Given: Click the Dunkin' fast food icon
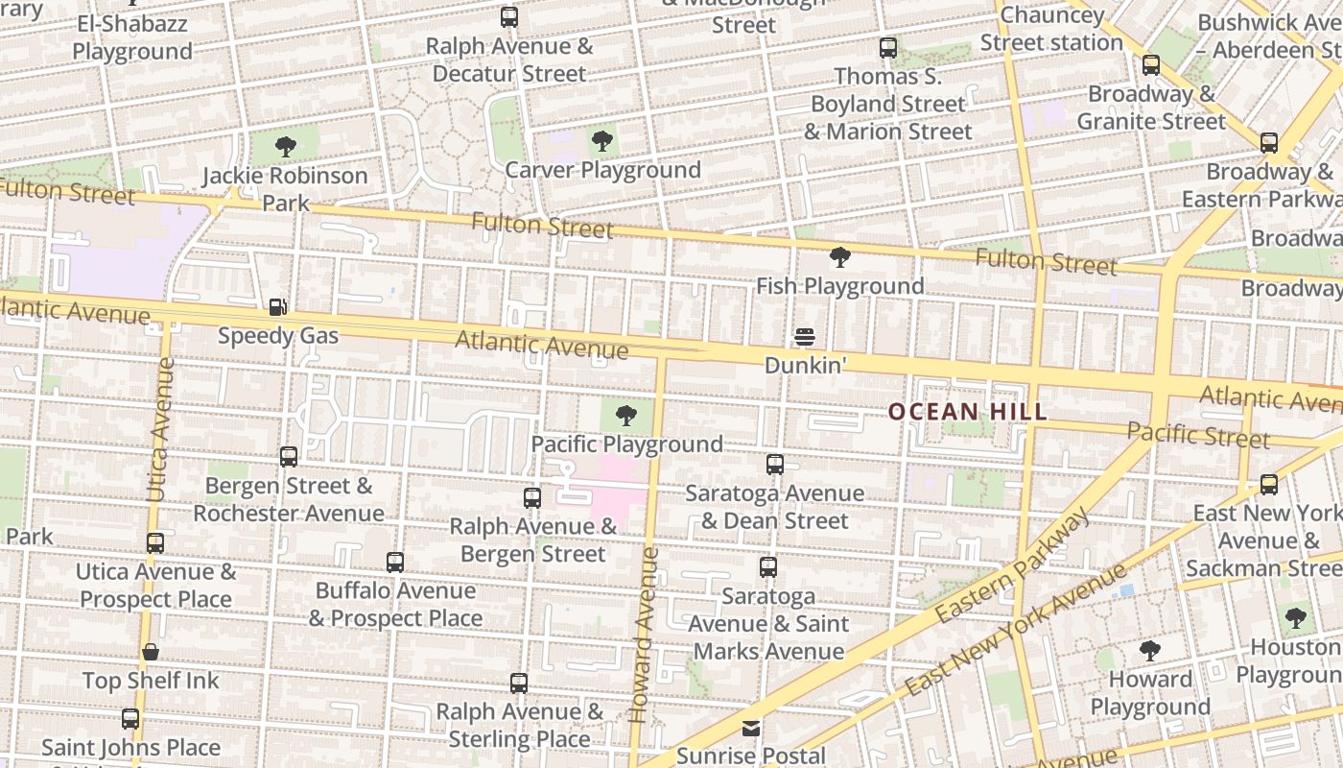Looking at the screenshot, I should (804, 337).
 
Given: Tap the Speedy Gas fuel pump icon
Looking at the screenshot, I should (277, 307).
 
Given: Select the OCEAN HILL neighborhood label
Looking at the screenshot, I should (967, 412).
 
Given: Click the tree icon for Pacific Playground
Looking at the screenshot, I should (626, 416).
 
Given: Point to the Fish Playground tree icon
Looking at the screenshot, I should (839, 257).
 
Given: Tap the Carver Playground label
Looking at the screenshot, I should (602, 170).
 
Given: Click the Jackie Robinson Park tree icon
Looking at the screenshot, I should (285, 147).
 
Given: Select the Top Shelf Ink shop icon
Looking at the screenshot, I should (151, 653).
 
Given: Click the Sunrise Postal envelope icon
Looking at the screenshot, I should (751, 729).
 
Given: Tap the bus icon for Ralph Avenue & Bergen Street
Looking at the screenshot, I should (532, 497).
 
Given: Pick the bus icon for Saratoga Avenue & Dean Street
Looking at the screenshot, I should (775, 465).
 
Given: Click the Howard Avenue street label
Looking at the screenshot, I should (642, 634).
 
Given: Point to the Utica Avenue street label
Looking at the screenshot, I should (160, 429).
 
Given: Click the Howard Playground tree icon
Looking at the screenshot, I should (1149, 651).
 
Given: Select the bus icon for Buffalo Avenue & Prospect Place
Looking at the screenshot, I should (395, 563).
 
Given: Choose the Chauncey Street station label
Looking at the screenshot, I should (1050, 29).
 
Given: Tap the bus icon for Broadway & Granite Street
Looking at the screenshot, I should (1151, 65).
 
